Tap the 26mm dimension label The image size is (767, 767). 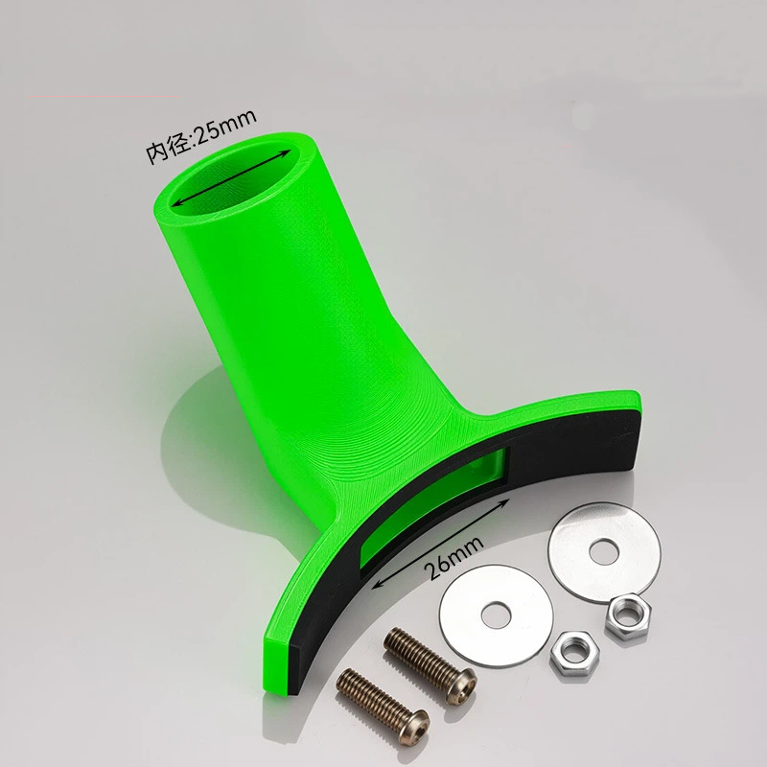point(453,557)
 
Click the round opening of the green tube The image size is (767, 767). point(231,179)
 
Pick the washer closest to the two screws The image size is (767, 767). point(496,615)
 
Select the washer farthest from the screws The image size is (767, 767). point(604,552)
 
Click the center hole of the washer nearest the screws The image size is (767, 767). point(496,615)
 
